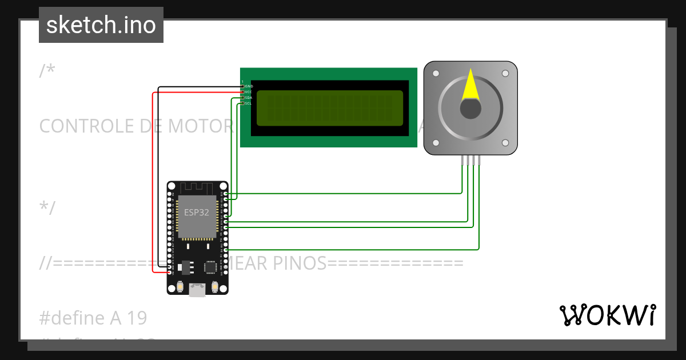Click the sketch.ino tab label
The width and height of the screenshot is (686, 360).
point(101,25)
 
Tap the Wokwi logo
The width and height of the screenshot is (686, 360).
point(607,315)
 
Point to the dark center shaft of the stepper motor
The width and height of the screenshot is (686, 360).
point(470,109)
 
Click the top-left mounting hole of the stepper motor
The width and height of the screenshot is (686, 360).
point(436,74)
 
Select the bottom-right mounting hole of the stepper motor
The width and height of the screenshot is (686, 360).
point(505,143)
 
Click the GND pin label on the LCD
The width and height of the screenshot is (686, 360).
point(249,86)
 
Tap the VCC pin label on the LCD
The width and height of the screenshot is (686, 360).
point(249,92)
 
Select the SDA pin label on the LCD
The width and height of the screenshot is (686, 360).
point(249,98)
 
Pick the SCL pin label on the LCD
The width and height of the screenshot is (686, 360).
point(249,103)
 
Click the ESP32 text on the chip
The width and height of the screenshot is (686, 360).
point(196,212)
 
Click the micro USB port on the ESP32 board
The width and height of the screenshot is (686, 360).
point(197,290)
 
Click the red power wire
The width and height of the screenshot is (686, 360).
point(153,183)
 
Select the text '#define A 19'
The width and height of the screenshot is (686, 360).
point(93,318)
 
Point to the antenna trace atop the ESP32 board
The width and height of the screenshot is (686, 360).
point(197,188)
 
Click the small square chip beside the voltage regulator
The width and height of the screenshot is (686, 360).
point(210,266)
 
